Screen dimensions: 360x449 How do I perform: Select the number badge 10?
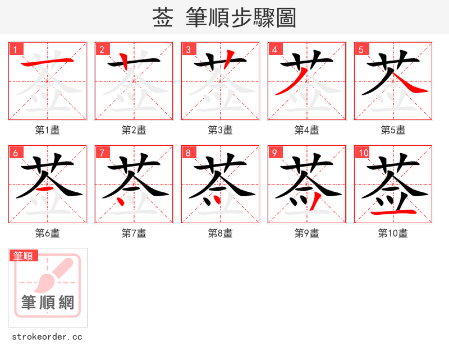(363, 153)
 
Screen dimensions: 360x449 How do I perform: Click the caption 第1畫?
(48, 130)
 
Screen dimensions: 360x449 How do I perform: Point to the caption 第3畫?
(221, 130)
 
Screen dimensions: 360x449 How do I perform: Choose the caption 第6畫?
(48, 233)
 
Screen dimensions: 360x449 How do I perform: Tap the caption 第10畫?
(393, 233)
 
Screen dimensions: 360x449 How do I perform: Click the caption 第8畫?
(221, 233)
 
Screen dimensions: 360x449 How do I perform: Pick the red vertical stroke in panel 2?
(125, 61)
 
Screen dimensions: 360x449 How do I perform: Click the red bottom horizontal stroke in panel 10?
(393, 213)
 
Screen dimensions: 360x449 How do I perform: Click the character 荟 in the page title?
(162, 18)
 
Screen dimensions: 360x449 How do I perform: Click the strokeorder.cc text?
(47, 337)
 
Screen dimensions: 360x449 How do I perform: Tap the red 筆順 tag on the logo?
(24, 256)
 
